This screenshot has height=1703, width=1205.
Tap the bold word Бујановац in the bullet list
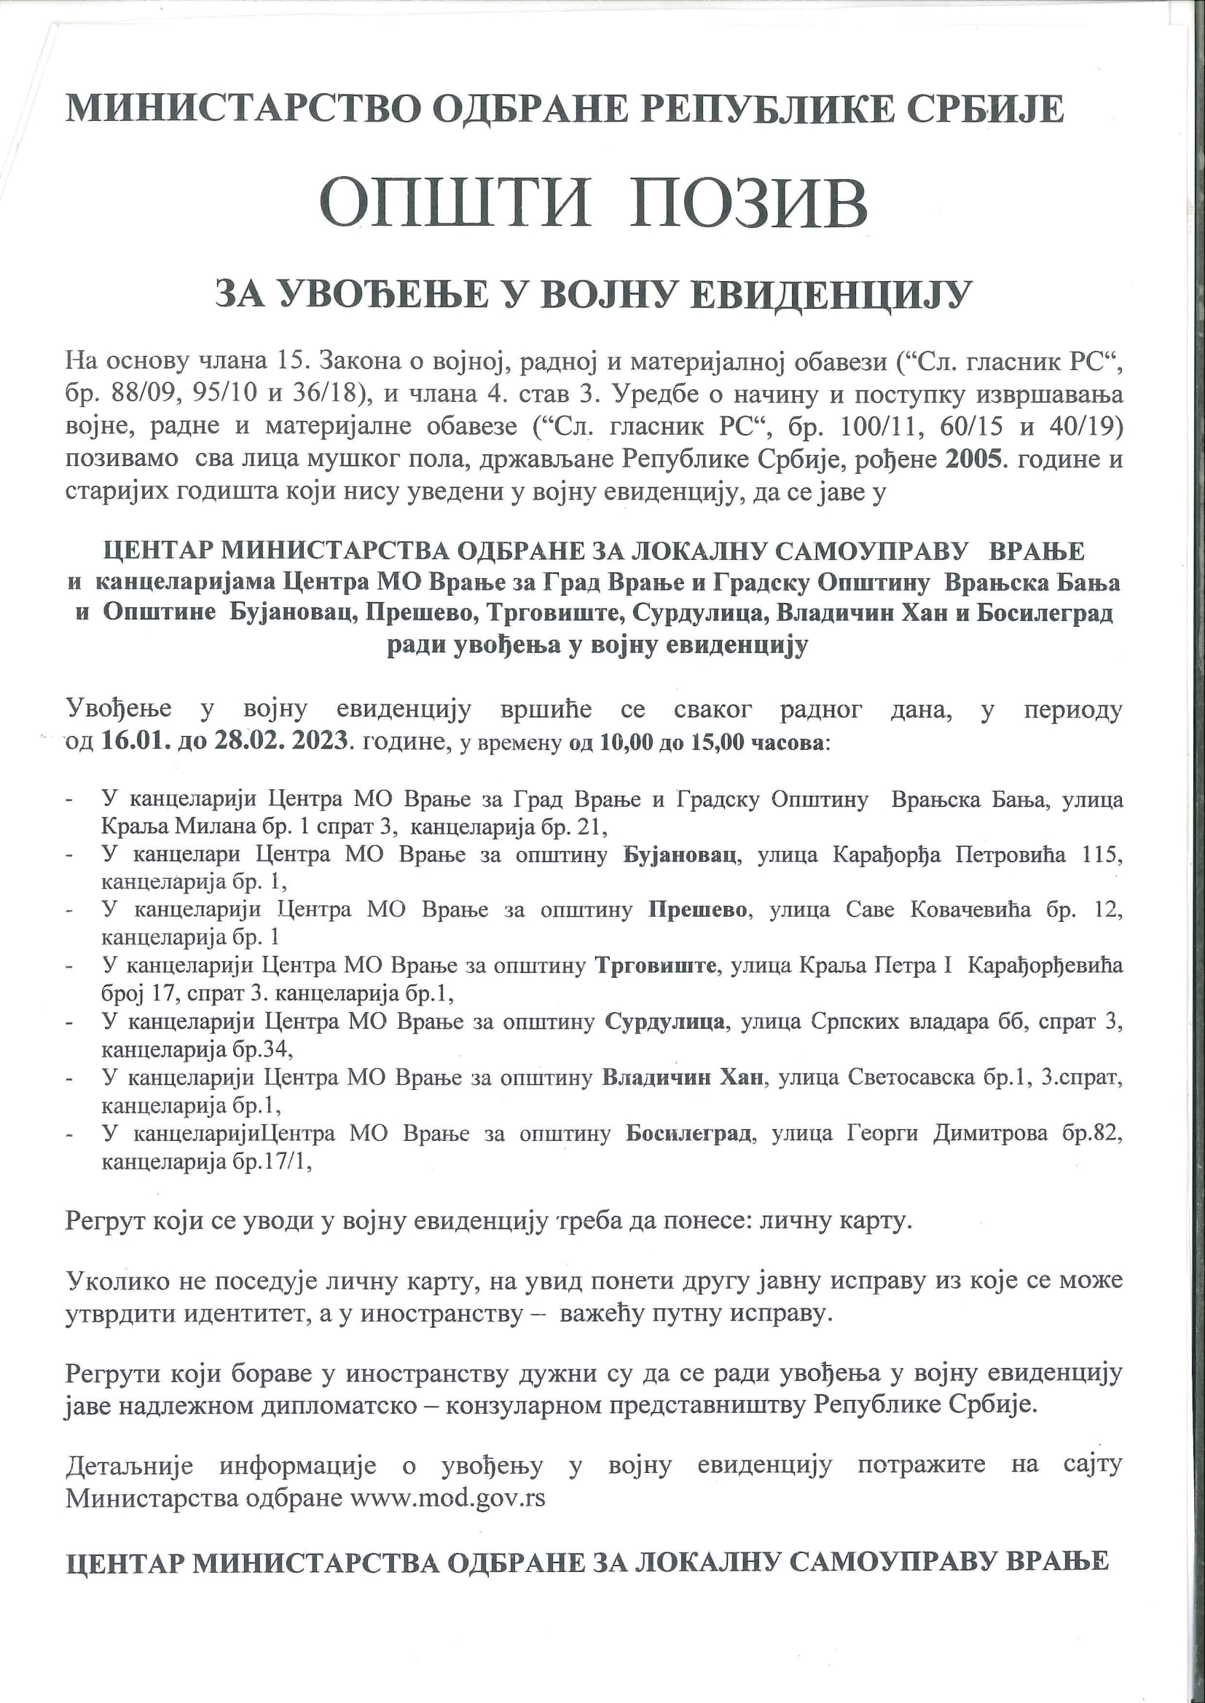coord(680,855)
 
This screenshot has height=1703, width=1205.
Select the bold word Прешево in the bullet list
coord(697,910)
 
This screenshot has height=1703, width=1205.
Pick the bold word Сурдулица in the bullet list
coord(665,1022)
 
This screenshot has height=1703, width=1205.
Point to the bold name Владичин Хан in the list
coord(682,1077)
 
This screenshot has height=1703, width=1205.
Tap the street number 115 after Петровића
coord(1101,855)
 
